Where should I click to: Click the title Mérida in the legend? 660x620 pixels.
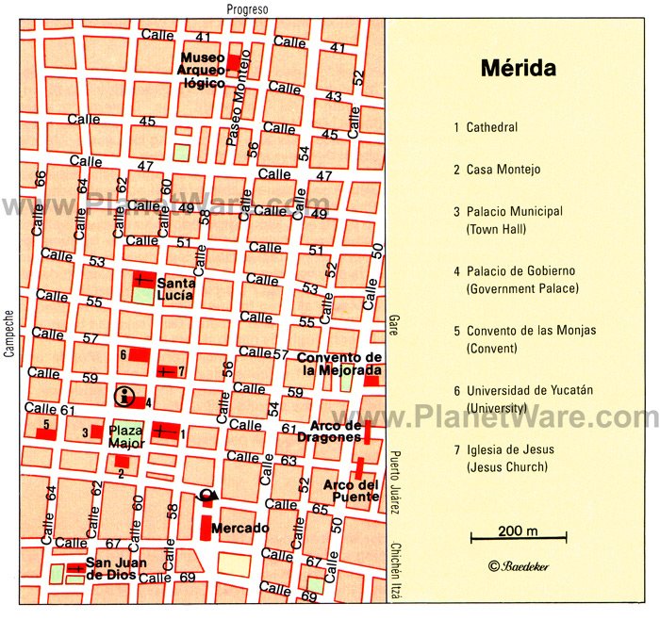518,69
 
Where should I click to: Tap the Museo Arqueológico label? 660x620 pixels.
203,70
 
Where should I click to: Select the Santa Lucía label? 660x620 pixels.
175,288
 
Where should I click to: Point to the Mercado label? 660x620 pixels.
239,528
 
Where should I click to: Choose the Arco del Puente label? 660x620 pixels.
351,491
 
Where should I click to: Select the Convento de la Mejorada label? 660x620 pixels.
338,364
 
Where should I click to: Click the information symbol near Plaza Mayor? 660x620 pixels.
124,396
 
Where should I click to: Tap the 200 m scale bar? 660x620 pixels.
518,538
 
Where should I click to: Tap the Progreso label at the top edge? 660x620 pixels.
248,9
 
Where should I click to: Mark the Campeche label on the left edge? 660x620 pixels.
8,335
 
